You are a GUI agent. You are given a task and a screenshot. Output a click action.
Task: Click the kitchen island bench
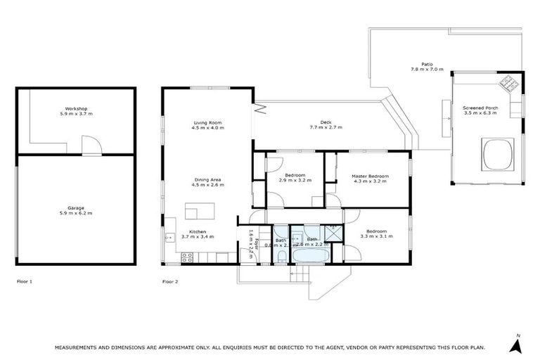[x=198, y=211]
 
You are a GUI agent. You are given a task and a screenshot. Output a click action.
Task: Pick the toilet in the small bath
[x=281, y=258]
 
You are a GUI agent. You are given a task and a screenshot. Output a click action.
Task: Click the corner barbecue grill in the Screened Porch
[x=508, y=85]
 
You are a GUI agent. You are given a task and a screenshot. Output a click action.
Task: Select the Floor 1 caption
[x=25, y=281]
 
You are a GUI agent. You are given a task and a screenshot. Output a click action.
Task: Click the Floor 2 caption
[x=170, y=281]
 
